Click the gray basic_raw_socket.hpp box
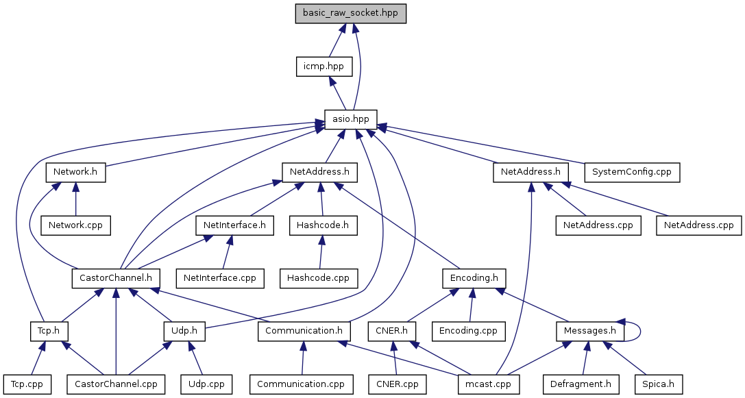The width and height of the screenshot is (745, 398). (351, 13)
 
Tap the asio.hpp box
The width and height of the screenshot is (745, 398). (351, 119)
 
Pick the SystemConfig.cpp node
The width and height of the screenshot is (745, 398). (631, 172)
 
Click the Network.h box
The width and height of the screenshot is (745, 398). (75, 172)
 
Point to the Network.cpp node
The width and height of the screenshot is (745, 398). (75, 225)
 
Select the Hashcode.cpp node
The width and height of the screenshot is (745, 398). (319, 278)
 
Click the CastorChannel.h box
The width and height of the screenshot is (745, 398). (116, 278)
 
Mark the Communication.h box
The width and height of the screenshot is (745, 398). (304, 331)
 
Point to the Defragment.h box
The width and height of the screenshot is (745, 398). (576, 384)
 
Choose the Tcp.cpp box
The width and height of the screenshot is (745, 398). (27, 384)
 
